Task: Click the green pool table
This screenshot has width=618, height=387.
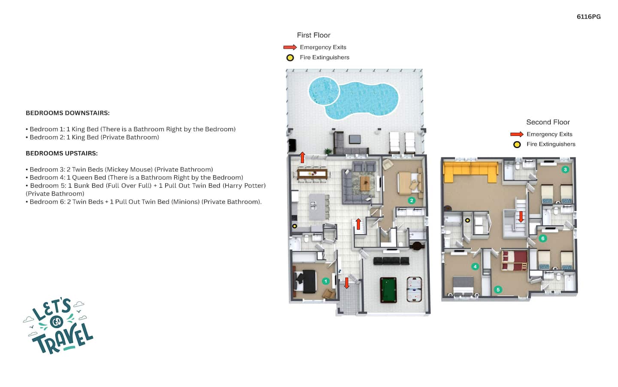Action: [388, 290]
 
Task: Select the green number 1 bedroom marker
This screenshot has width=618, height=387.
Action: [326, 281]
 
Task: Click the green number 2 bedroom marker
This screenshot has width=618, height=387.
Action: [411, 201]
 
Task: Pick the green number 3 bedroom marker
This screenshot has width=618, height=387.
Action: [565, 170]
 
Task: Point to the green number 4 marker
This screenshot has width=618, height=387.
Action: [475, 266]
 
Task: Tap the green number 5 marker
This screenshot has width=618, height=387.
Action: [498, 289]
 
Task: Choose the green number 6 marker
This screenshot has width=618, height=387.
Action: [542, 238]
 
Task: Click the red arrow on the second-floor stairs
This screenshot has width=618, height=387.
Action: [521, 217]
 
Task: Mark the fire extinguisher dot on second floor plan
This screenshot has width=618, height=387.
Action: [467, 220]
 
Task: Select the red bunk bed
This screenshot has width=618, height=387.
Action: [515, 260]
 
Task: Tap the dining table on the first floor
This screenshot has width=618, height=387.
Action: [312, 174]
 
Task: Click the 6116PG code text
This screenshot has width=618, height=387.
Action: [588, 17]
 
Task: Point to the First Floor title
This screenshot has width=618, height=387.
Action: [313, 35]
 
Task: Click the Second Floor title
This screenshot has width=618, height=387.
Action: [548, 122]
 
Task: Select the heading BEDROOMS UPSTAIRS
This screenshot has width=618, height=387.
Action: [62, 153]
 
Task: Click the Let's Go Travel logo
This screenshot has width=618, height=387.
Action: [58, 325]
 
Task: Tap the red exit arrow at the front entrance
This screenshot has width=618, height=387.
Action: [347, 283]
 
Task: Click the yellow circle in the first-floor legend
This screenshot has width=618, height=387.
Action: [290, 58]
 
